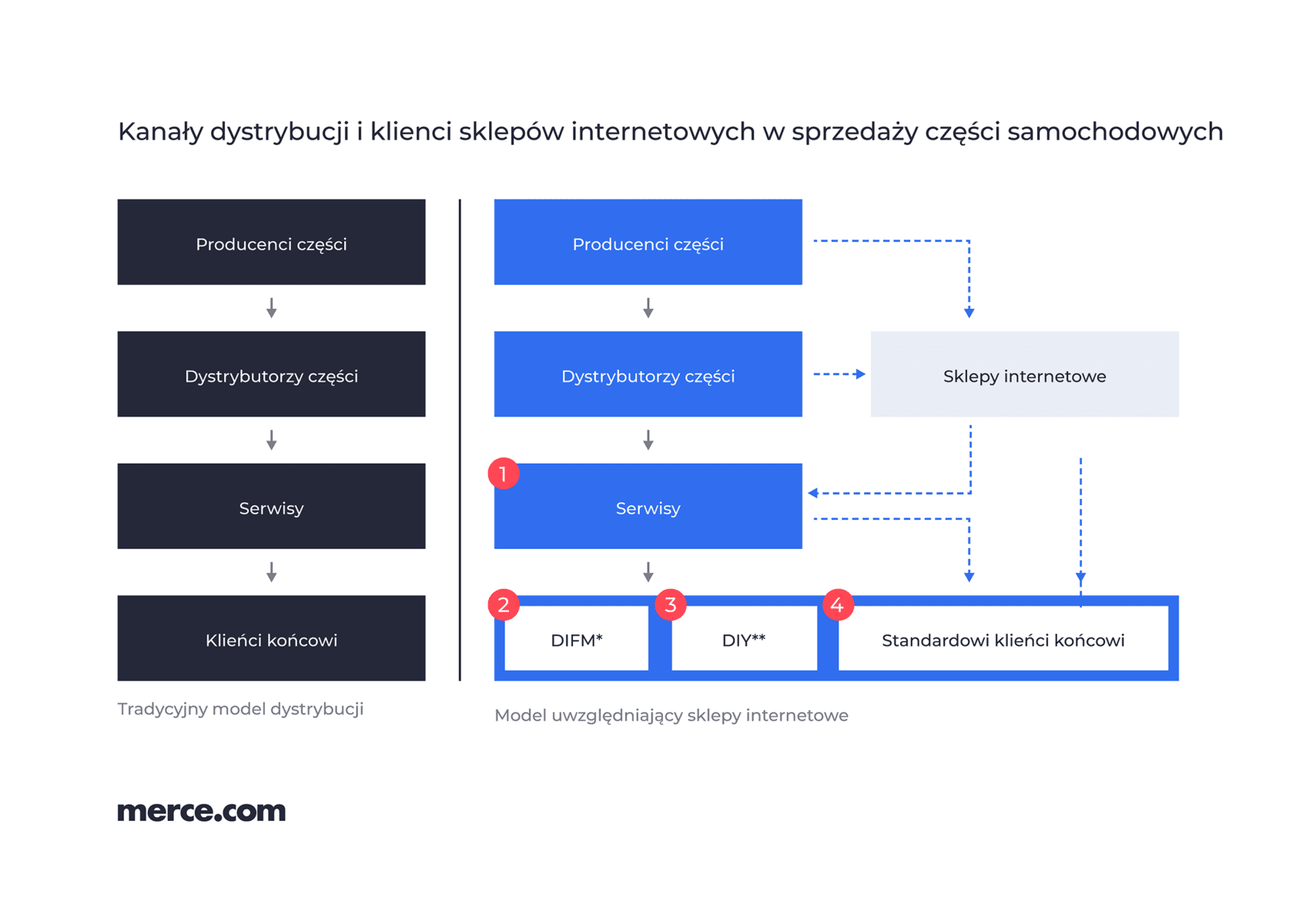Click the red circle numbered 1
504,474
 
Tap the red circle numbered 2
504,605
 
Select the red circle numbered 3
671,605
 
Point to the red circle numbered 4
838,605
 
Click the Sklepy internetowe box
1024,374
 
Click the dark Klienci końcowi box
271,638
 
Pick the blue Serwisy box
648,507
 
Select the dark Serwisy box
271,507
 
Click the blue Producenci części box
648,242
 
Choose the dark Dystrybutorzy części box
271,374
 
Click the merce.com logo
202,812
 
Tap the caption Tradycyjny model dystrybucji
240,710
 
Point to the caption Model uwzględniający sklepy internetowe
671,715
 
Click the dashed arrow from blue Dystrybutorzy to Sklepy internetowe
839,374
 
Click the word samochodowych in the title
1115,132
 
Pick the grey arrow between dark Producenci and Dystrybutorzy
271,308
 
